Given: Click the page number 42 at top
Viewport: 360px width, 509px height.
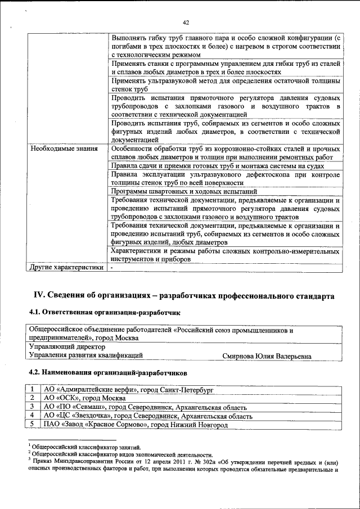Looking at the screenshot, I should tap(186, 22).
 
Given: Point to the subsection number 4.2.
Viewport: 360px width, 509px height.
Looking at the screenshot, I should tap(35, 372).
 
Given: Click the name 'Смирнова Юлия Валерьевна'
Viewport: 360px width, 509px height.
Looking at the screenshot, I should tap(266, 355).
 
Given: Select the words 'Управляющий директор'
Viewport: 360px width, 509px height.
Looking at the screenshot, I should tap(67, 347).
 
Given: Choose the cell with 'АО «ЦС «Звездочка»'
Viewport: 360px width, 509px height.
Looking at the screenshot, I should tap(148, 416).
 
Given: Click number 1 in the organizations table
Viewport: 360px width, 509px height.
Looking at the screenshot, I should tap(33, 389).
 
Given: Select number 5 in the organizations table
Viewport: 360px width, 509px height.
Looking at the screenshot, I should tap(33, 425).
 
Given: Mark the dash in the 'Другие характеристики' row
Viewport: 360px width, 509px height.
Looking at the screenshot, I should tap(112, 268).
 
